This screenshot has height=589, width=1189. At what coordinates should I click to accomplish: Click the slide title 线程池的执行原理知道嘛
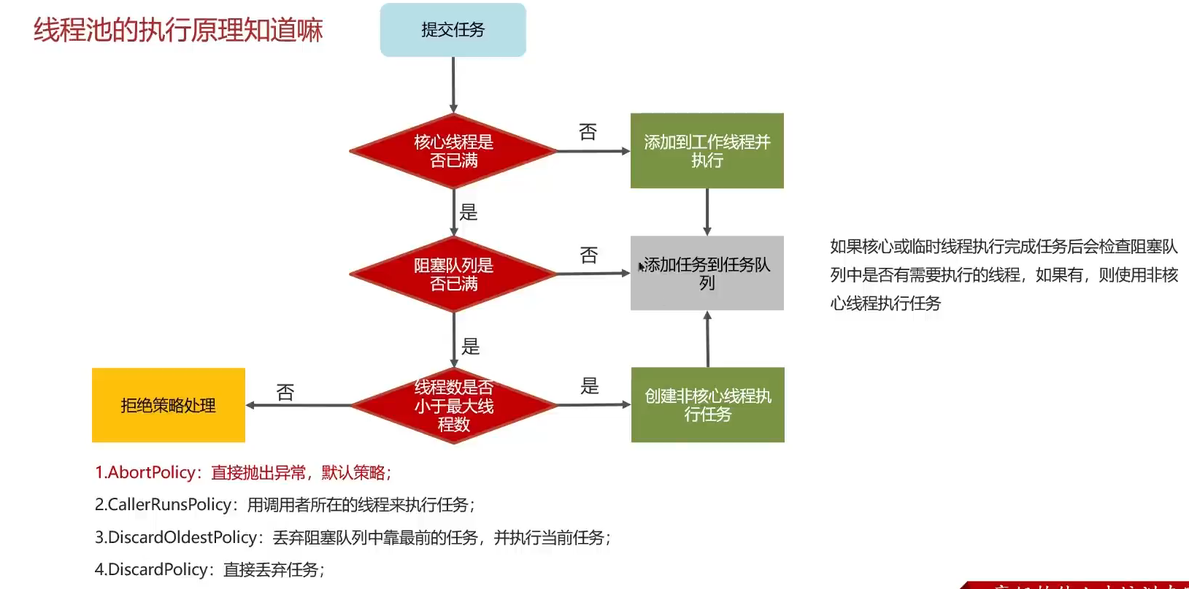coord(178,31)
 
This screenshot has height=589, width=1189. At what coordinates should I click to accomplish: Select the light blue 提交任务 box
coord(453,30)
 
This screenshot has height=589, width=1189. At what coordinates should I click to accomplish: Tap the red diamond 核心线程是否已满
coord(453,151)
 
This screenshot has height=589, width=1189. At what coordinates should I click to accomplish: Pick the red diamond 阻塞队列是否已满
coord(453,274)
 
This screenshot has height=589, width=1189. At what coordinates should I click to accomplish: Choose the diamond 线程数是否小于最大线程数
coord(453,405)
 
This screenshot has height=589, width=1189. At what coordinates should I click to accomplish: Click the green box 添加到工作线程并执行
coord(707,151)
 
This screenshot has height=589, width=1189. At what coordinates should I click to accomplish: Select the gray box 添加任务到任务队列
coord(707,273)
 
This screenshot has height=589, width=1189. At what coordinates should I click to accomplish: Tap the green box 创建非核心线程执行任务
coord(707,405)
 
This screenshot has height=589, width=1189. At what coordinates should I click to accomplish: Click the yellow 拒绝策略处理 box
coord(169,405)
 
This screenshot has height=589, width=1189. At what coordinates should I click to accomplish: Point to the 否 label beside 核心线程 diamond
coord(588,132)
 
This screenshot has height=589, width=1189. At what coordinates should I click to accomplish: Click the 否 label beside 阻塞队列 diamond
coord(588,255)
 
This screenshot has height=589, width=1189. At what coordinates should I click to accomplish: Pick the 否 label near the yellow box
coord(285,393)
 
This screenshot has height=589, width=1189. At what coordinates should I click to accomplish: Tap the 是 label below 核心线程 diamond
coord(469,212)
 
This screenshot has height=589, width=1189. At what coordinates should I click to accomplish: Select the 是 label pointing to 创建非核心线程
coord(590,386)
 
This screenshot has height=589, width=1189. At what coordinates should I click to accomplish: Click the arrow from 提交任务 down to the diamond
coord(453,85)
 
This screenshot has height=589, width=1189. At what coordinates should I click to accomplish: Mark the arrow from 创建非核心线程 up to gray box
coord(707,339)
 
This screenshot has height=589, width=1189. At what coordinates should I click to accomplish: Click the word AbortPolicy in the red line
coord(152,473)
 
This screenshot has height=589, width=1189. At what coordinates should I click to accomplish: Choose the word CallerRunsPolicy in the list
coord(169,505)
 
